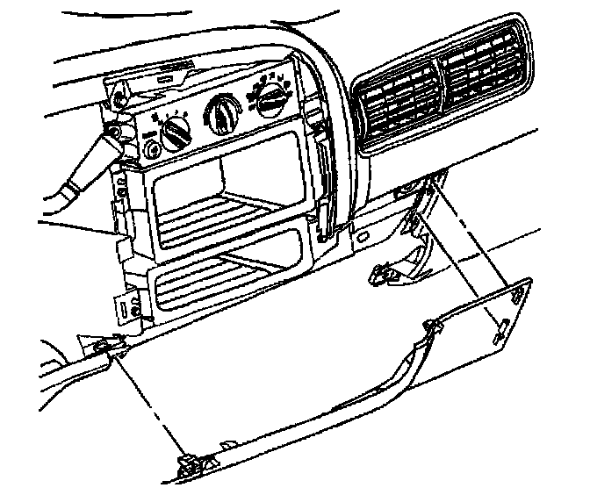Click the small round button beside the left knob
(153, 148)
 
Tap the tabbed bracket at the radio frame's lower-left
(129, 307)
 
